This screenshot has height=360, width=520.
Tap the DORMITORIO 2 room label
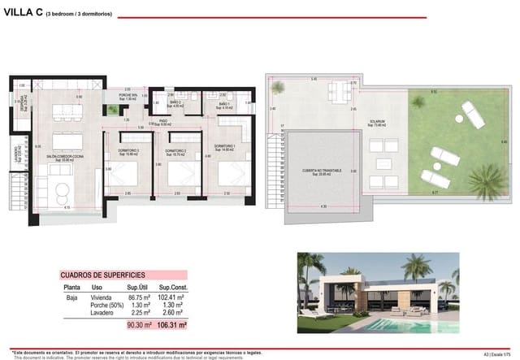pos(175,151)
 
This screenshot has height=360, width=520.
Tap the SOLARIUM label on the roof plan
pos(375,122)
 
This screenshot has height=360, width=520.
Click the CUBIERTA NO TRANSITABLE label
pos(323,171)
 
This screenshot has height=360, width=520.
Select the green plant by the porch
pos(113,110)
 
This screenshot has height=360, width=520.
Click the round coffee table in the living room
pos(59,191)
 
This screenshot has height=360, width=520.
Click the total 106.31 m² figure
pos(171,324)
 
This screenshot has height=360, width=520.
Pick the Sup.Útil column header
pos(136,286)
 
